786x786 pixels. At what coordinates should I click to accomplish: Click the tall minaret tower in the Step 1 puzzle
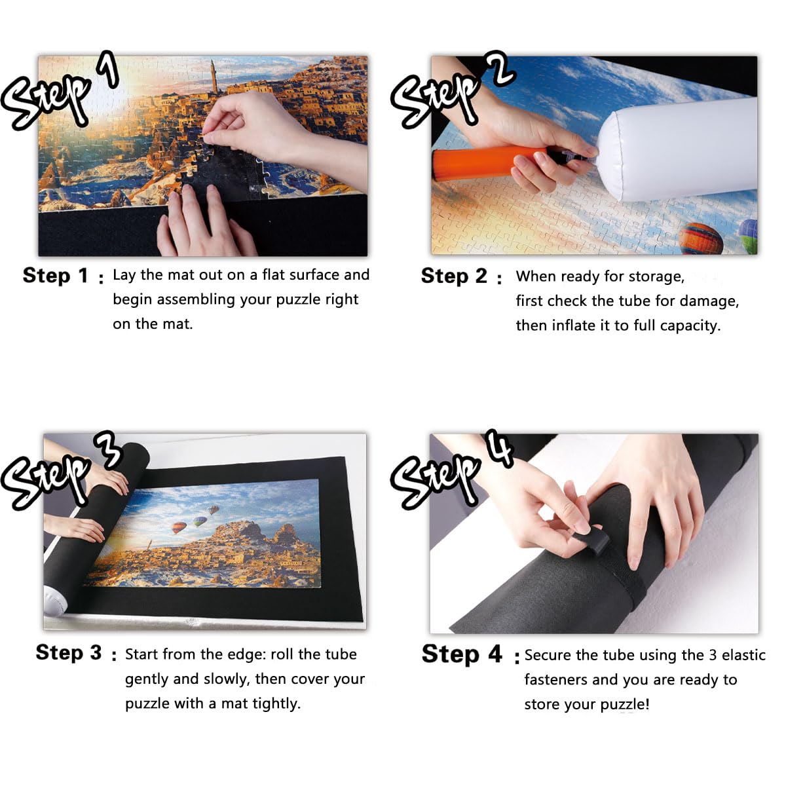coord(214,77)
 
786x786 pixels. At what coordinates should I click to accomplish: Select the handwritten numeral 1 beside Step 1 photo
coord(108,69)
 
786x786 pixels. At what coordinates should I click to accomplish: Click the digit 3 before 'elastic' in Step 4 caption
coord(713,655)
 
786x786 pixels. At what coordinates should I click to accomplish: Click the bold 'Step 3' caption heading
coord(69,652)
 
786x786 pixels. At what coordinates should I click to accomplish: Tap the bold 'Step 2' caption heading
coord(454,276)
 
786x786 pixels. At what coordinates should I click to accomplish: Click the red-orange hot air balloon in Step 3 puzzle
coord(179,527)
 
